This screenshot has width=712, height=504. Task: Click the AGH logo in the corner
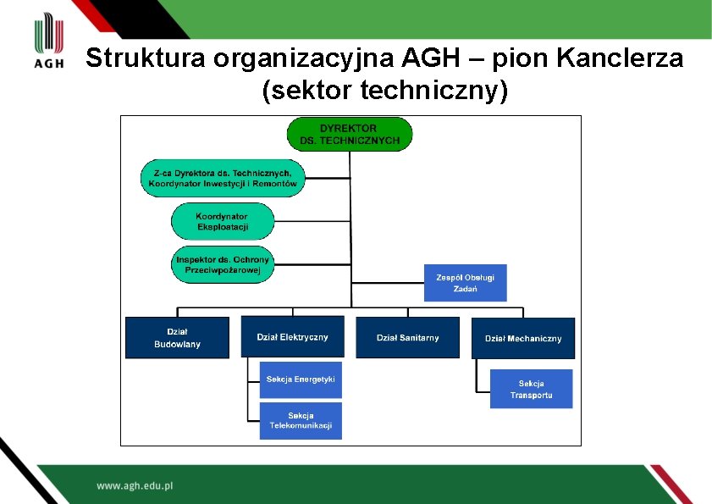click(x=49, y=42)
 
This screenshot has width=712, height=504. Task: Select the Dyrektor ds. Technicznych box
click(x=350, y=134)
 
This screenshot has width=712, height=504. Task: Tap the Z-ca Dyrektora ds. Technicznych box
click(x=223, y=178)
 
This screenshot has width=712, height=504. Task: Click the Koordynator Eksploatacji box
click(x=223, y=222)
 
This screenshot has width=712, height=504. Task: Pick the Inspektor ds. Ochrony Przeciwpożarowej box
click(x=223, y=264)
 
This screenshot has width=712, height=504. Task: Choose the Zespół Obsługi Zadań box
click(x=465, y=283)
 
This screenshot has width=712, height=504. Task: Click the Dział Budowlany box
click(x=177, y=337)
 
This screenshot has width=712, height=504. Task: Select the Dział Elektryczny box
click(x=292, y=336)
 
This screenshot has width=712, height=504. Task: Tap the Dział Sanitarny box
click(x=407, y=337)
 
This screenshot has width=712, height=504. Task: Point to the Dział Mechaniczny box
click(x=522, y=338)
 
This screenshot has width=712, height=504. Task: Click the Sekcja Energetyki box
click(x=301, y=379)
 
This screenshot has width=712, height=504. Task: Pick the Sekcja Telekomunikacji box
click(x=301, y=420)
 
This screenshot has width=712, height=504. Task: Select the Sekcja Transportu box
click(x=531, y=389)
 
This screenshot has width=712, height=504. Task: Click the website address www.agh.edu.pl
click(x=135, y=486)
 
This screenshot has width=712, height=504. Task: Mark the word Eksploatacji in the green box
click(x=223, y=227)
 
